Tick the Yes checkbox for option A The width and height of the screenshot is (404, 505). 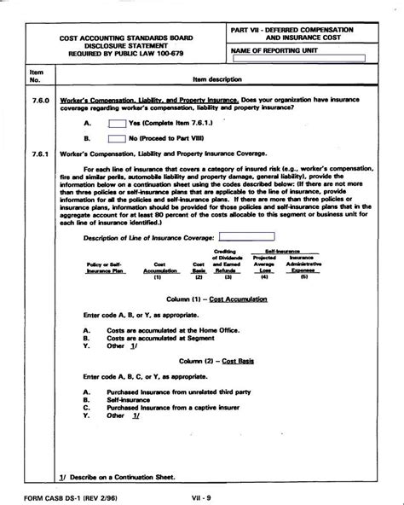[118, 122]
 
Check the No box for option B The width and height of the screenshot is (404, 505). [118, 136]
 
